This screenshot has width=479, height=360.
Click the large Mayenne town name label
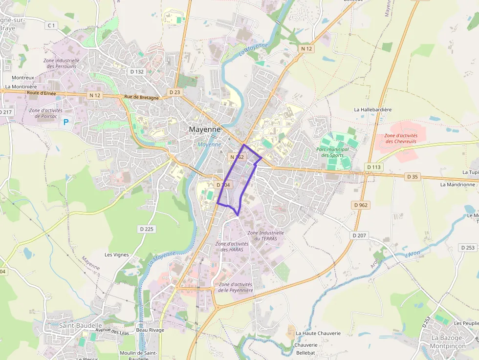click(x=205, y=130)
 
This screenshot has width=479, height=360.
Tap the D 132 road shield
click(x=137, y=71)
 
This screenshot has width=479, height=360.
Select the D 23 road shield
click(x=174, y=92)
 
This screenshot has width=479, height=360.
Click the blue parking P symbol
click(x=66, y=122)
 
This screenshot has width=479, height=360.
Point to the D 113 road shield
click(x=373, y=167)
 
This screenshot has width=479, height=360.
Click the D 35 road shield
click(x=412, y=176)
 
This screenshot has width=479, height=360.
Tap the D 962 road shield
click(x=361, y=205)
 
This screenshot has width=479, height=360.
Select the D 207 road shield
click(x=359, y=235)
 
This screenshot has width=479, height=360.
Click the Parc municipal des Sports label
click(x=332, y=152)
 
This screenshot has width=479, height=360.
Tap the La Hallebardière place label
click(x=373, y=110)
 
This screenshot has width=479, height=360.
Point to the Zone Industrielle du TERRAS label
click(x=265, y=235)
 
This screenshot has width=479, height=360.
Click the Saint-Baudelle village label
click(x=81, y=325)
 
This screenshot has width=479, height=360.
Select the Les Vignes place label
click(x=116, y=254)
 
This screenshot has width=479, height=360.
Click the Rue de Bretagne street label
click(x=141, y=98)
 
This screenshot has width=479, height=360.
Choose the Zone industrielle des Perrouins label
click(x=61, y=63)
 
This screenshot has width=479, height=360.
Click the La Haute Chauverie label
click(x=318, y=333)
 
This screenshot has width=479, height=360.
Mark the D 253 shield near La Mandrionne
click(x=467, y=248)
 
